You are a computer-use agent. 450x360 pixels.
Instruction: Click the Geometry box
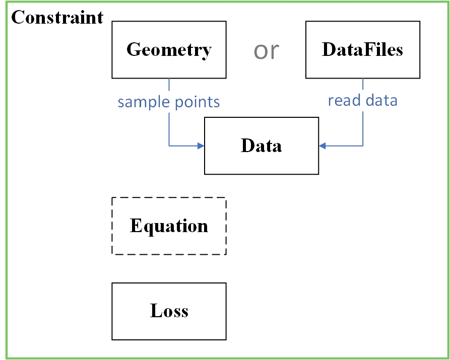[x=169, y=50]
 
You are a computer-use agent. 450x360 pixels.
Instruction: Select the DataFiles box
[x=362, y=50]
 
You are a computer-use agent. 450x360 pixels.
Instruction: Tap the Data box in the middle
[x=261, y=146]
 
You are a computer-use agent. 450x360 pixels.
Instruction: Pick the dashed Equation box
[x=169, y=226]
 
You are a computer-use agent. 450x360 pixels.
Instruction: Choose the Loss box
[x=169, y=311]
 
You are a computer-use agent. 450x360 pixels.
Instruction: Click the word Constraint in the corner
[x=57, y=18]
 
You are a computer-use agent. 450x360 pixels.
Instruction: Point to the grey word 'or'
[x=266, y=50]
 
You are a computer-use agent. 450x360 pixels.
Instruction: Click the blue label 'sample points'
[x=169, y=102]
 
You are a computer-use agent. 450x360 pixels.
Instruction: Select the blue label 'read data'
[x=362, y=100]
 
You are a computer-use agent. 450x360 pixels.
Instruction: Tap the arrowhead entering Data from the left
[x=201, y=146]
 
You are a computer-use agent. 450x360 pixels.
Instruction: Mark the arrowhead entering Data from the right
[x=323, y=146]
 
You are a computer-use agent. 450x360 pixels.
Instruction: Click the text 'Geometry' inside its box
[x=169, y=50]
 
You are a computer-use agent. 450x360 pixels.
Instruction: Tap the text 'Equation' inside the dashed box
[x=169, y=226]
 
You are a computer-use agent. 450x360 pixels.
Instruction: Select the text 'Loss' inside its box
[x=169, y=311]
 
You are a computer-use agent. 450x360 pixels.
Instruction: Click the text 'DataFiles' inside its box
[x=362, y=50]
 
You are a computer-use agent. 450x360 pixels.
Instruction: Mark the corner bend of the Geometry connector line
[x=169, y=146]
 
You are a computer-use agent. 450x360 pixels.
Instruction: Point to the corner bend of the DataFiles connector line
[x=363, y=146]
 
